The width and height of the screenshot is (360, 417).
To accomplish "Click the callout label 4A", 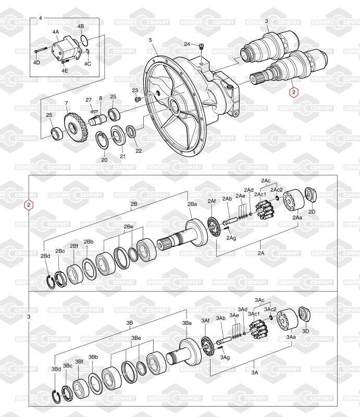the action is pos(56,32).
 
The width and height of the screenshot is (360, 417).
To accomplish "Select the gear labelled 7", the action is pos(74,127).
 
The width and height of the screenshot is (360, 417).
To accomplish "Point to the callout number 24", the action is pos(187,44).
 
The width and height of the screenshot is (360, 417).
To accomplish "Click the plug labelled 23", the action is pos(137,99).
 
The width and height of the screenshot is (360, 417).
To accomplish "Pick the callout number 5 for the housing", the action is pos(151,40).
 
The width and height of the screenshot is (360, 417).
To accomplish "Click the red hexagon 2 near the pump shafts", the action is pos(293,92).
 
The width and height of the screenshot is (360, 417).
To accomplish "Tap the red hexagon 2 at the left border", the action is pos(29,205).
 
